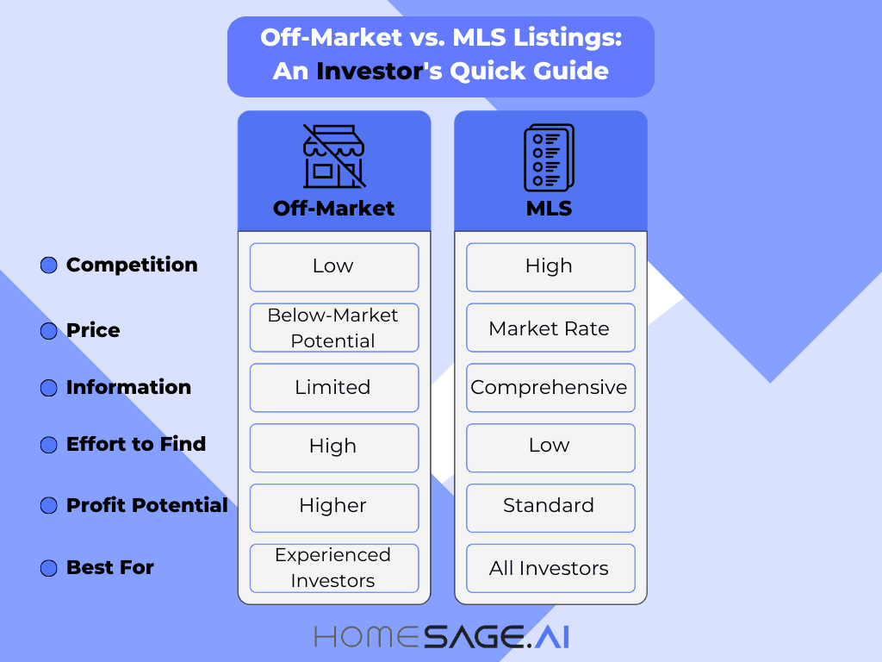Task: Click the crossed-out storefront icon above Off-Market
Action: (x=333, y=156)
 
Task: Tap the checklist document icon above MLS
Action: (x=549, y=157)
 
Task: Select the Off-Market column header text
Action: (x=333, y=209)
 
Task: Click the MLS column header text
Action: (x=549, y=209)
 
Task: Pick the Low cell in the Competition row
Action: (x=334, y=266)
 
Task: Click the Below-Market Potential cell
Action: (x=334, y=328)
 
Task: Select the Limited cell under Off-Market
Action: (x=334, y=388)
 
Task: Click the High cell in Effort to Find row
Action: (x=334, y=447)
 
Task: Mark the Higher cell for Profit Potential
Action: (x=334, y=507)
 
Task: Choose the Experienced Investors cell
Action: (x=334, y=567)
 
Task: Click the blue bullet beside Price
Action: (x=48, y=331)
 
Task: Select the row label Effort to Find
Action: (x=136, y=445)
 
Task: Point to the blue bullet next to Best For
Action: (x=48, y=568)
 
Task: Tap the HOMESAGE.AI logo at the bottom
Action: (x=441, y=637)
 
